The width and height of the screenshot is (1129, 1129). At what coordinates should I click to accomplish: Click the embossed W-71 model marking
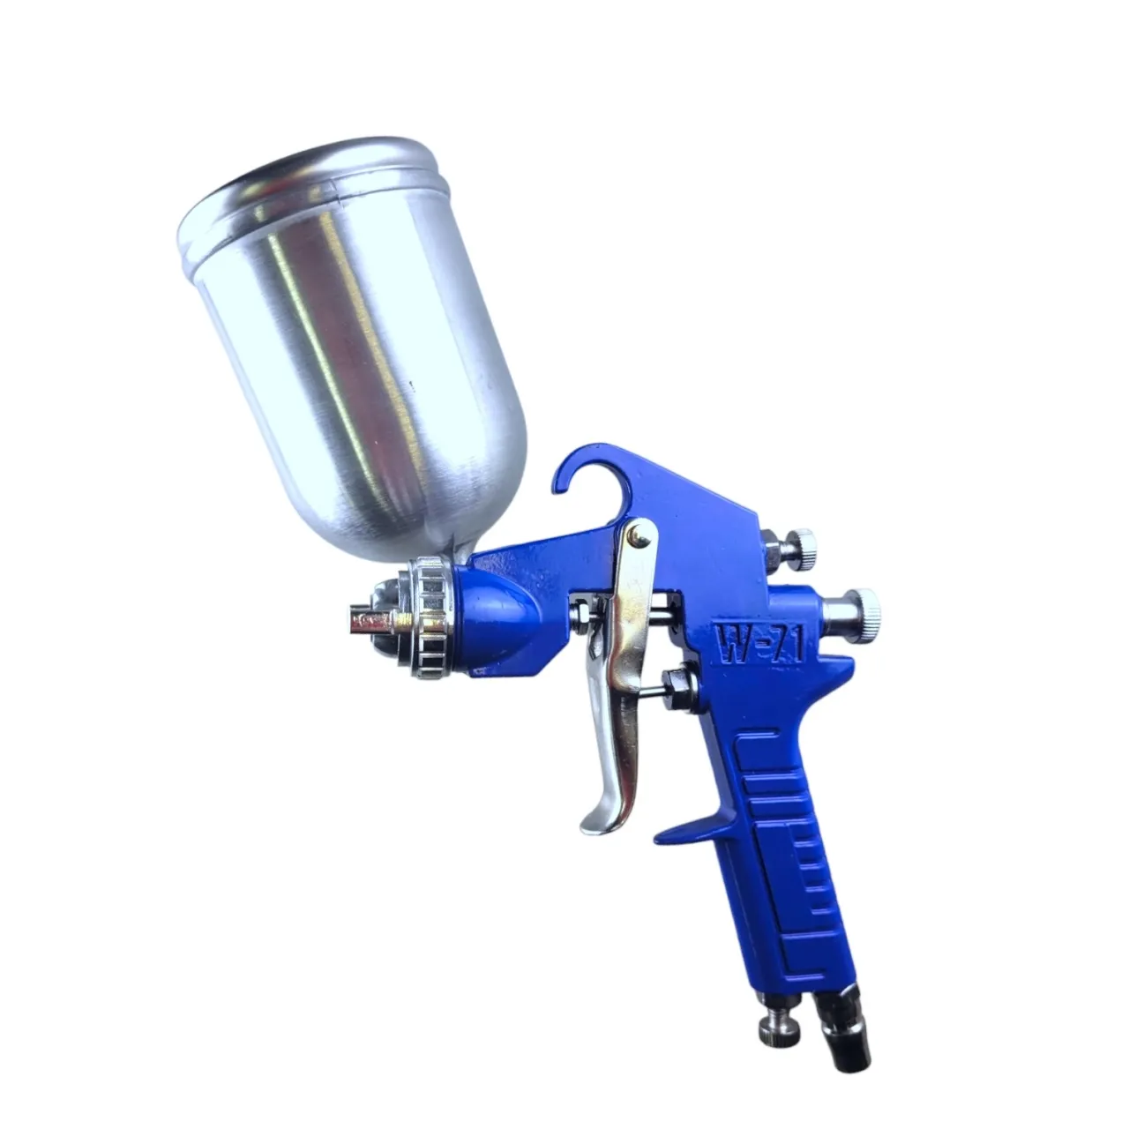click(761, 646)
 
